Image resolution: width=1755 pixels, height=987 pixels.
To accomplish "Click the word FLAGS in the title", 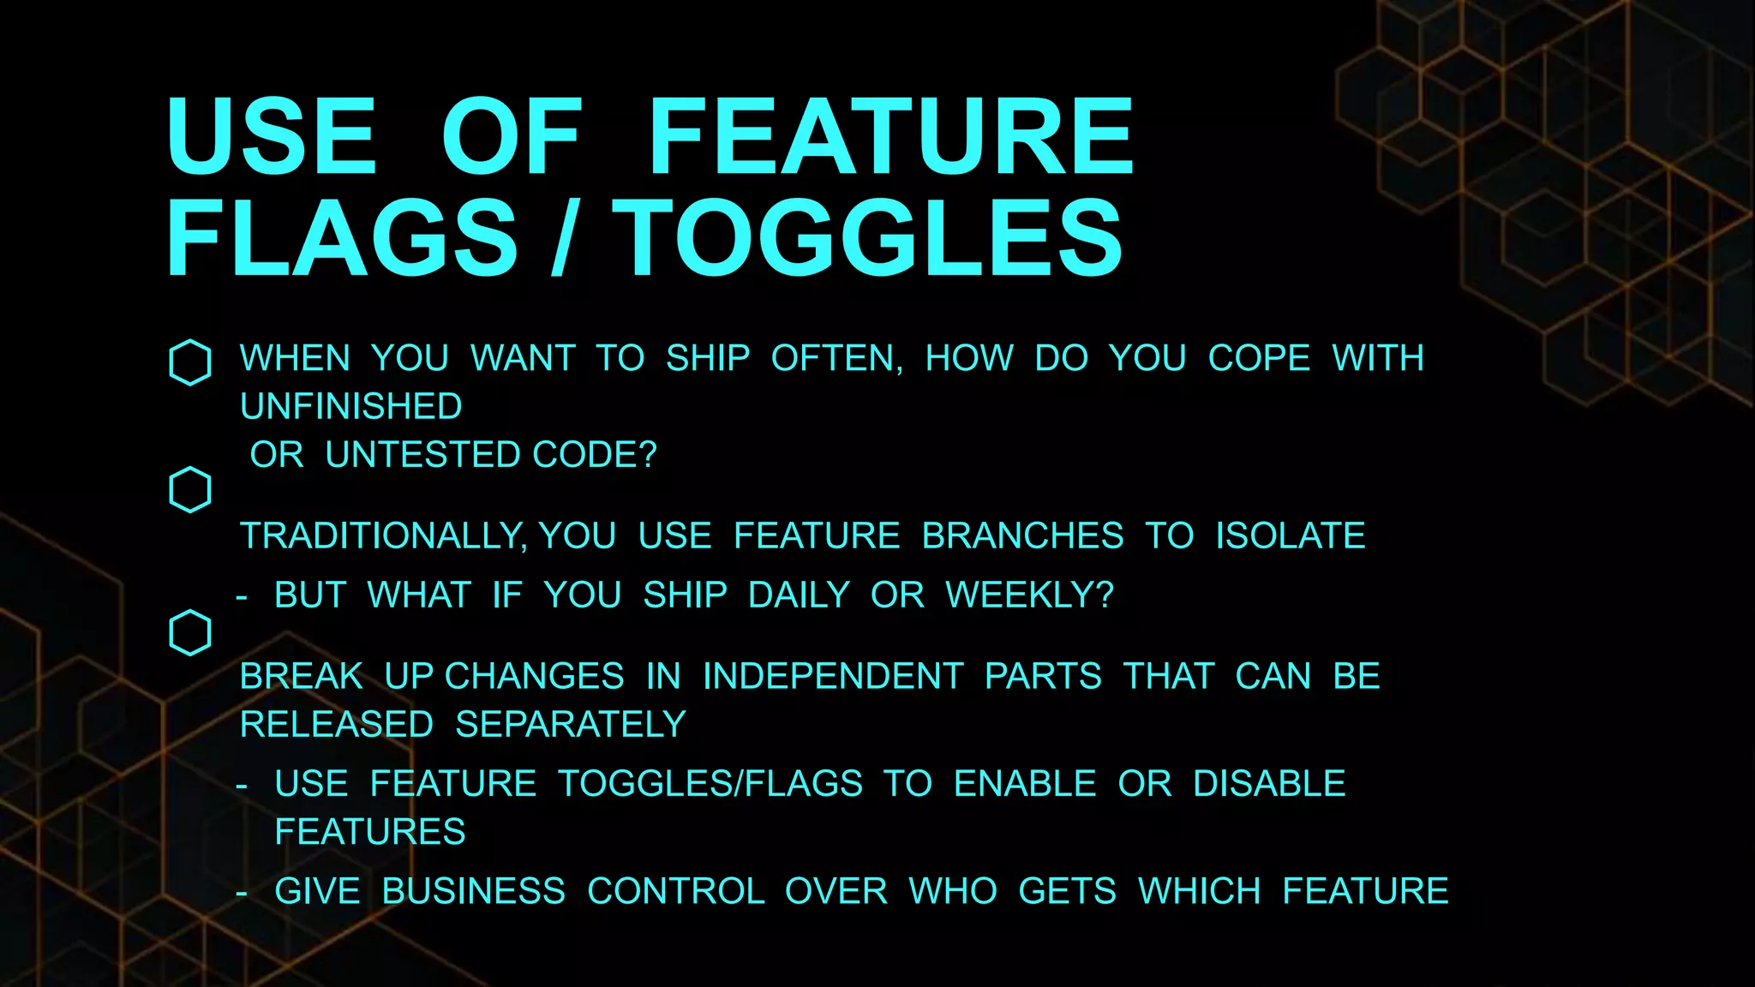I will coord(342,237).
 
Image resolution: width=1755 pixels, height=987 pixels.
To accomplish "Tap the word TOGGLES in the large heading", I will coord(866,237).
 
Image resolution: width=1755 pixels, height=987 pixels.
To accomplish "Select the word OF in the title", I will coord(512,136).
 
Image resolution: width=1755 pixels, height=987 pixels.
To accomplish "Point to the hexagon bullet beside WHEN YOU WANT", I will coord(190,362).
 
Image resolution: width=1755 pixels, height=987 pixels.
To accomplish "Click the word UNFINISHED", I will coord(351,407).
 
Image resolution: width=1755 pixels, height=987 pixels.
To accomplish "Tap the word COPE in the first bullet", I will coord(1259,358).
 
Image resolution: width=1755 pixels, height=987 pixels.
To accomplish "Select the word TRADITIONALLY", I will coord(382,536).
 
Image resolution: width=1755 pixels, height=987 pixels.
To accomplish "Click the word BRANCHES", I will coord(1022,536).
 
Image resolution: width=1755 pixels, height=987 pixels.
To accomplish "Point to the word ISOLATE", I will coord(1291,536).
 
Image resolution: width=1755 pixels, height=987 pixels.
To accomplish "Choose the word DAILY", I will coord(799,595).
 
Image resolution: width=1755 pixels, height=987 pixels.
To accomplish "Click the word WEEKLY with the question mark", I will coord(1029,595).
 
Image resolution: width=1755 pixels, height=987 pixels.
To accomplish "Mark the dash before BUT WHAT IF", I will coord(242,596).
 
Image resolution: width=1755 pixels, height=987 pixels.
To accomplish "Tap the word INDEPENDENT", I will coord(833,677).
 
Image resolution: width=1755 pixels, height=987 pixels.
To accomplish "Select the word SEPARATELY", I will coord(571,725).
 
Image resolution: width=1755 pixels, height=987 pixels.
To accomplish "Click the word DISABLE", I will coord(1269,784).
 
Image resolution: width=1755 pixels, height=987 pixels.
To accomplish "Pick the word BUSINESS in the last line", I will coord(473,892).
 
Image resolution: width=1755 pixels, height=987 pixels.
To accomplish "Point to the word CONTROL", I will coord(675,892).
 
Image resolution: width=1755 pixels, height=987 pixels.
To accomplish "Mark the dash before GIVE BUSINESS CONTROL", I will coord(242,893).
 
